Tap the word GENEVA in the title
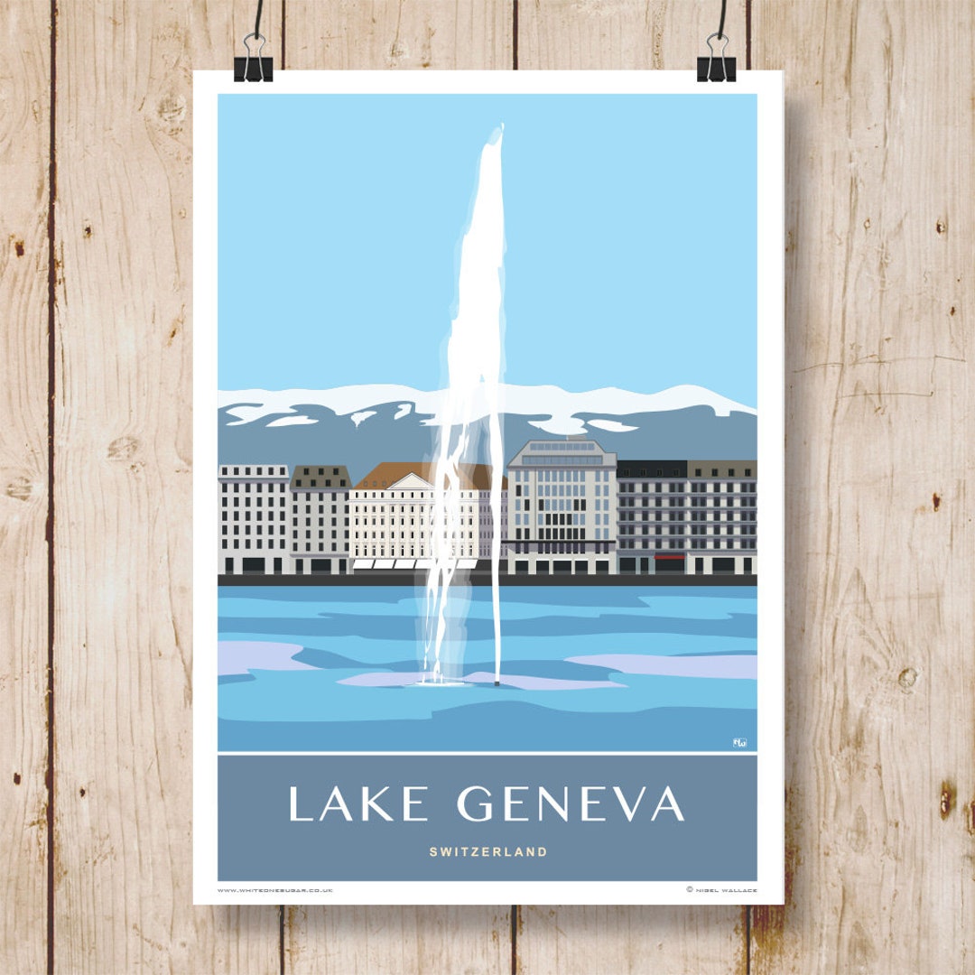pos(571,803)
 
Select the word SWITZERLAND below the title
pos(487,851)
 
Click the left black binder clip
pos(253,63)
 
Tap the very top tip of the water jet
pos(494,129)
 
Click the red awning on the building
pos(670,557)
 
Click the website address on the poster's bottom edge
pos(275,890)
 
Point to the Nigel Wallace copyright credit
pos(725,890)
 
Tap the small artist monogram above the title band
pos(740,742)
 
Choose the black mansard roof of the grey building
pos(651,469)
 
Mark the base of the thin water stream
pos(497,681)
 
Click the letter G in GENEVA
pos(476,803)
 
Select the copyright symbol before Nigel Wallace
pos(690,890)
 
